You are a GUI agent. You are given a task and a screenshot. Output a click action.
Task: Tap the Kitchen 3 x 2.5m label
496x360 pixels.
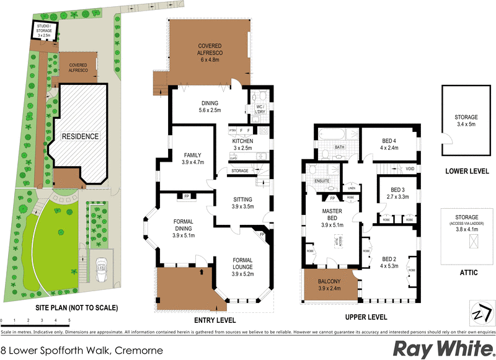pos(242,144)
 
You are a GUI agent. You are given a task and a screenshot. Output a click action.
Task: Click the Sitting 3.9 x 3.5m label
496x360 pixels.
pos(242,203)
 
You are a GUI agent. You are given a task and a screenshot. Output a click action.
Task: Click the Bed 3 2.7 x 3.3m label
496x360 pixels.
pos(396,193)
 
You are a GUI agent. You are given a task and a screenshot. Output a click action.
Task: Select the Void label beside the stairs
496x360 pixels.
pos(410,169)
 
